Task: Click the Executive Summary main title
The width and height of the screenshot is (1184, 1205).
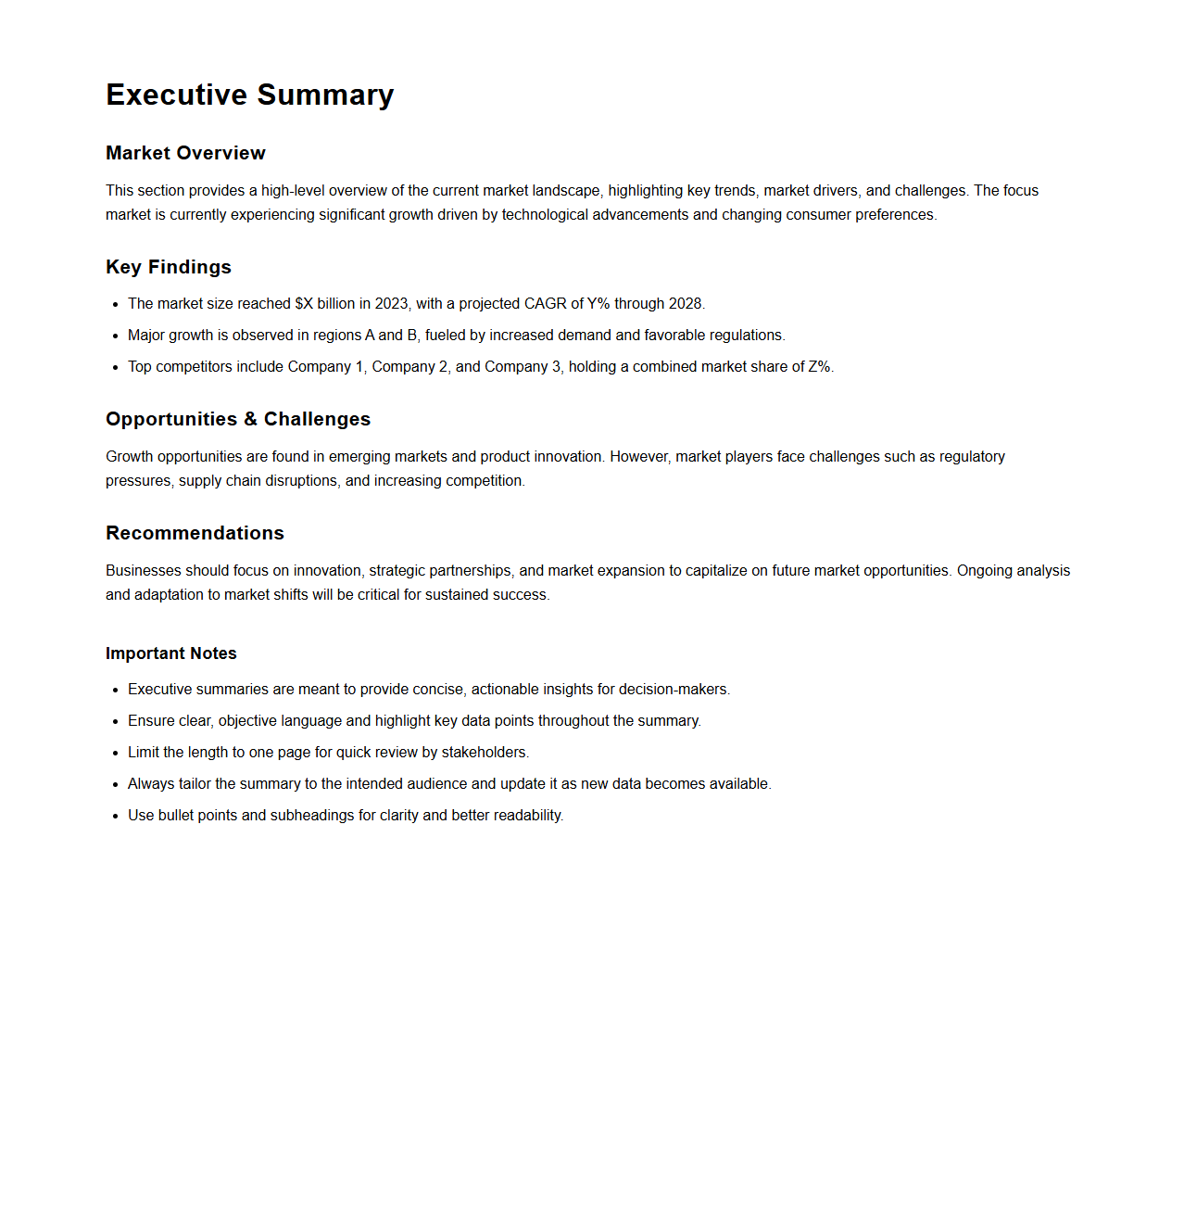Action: (249, 95)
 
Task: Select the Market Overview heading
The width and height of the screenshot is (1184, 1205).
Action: (185, 153)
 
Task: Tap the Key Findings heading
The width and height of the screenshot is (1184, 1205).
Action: (169, 267)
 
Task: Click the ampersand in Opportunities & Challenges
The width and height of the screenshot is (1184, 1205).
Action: (250, 419)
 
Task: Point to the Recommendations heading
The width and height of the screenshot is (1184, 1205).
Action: (195, 533)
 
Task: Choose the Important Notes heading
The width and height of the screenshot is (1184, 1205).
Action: (171, 653)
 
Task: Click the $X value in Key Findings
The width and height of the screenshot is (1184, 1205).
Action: (304, 304)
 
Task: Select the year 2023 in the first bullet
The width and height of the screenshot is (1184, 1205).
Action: (391, 304)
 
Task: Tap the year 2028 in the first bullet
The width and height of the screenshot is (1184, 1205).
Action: (686, 304)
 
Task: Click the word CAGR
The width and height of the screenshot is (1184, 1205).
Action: (545, 304)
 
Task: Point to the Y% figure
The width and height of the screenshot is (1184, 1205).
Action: (598, 304)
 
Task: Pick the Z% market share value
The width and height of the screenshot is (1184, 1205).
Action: (819, 367)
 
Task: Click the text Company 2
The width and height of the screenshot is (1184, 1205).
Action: (410, 367)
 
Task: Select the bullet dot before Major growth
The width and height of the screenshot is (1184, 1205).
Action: (116, 336)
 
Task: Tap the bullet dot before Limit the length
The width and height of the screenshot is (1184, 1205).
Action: (116, 754)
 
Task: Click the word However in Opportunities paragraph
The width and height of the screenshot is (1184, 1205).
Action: (640, 457)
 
